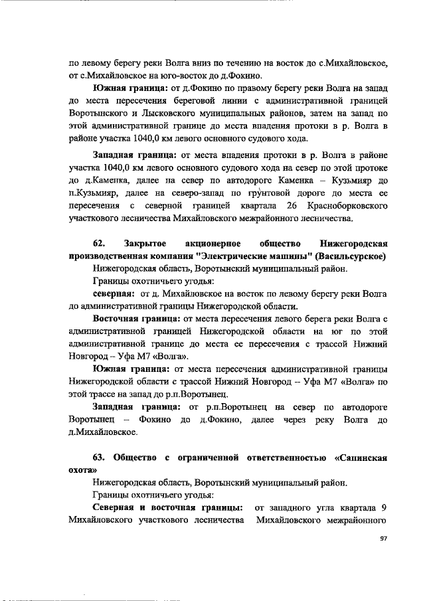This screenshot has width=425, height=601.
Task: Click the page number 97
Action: click(382, 538)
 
